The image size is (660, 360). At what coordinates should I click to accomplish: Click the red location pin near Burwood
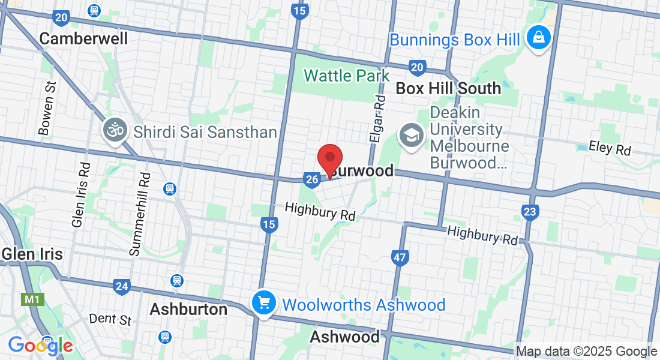tap(329, 159)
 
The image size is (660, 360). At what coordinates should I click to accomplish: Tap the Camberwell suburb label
tap(83, 39)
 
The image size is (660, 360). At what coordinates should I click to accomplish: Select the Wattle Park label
tap(346, 76)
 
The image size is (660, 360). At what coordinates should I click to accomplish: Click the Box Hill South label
tap(448, 88)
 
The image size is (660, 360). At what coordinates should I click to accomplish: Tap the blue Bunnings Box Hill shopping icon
tap(539, 37)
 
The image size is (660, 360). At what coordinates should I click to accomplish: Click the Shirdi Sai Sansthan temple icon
tap(115, 130)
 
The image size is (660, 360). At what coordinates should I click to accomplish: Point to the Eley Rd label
tap(610, 147)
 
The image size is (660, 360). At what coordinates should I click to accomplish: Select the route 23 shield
tap(530, 212)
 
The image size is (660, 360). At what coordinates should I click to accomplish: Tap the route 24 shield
tap(122, 286)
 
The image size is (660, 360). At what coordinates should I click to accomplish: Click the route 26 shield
tap(311, 179)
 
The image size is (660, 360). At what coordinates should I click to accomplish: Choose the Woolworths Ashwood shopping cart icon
tap(263, 303)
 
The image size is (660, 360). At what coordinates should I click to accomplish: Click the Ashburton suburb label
tap(188, 310)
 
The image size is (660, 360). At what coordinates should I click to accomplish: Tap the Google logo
tap(40, 346)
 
